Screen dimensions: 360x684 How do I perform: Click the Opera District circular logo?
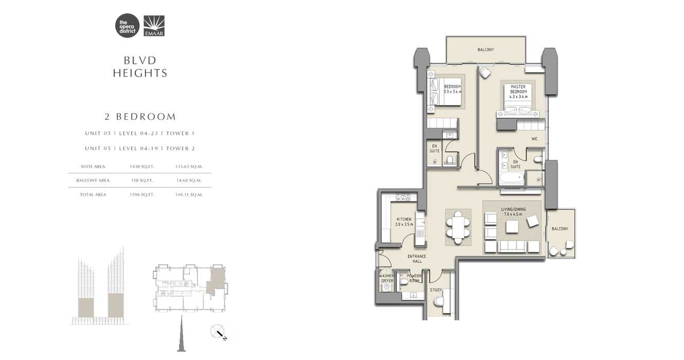pos(127,26)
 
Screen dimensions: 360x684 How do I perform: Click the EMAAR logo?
pos(154,26)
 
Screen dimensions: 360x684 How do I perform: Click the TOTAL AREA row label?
pos(93,195)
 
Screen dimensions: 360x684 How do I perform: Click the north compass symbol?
pos(219,333)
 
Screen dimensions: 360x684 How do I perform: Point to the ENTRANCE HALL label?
pos(417,258)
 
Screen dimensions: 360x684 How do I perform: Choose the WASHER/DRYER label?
pos(387,278)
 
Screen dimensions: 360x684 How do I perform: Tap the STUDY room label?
pos(436,290)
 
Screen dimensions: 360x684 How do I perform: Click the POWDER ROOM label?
pos(414,278)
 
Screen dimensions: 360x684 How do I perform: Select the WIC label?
pos(534,139)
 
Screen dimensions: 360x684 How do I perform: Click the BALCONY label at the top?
pos(485,50)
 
